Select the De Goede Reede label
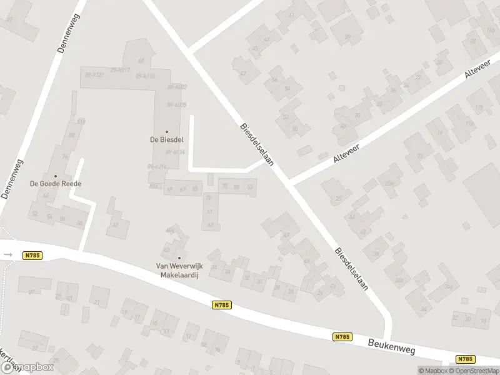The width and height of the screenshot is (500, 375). [56, 184]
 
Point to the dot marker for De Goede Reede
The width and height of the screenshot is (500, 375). [56, 176]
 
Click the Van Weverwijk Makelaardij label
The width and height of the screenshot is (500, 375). [179, 269]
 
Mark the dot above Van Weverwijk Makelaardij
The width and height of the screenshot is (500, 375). [179, 257]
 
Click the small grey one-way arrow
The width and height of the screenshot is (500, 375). [7, 254]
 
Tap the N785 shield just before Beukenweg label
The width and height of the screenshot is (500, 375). [341, 336]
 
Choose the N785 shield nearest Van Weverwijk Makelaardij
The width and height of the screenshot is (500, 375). [221, 305]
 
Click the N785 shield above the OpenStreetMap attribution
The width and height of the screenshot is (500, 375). [465, 359]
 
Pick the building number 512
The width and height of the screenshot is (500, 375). [81, 122]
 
